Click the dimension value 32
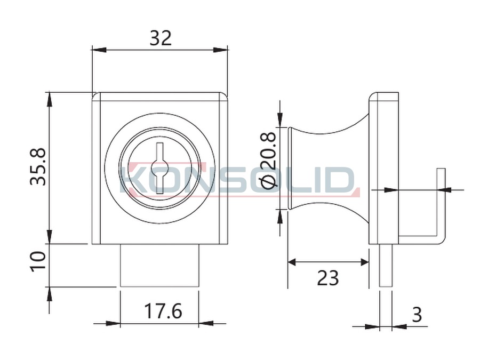(161, 38)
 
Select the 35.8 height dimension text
(38, 167)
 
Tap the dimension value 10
(38, 261)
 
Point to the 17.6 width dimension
(163, 311)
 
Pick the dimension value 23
(328, 278)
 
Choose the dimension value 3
(417, 314)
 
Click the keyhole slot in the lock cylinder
(159, 168)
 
